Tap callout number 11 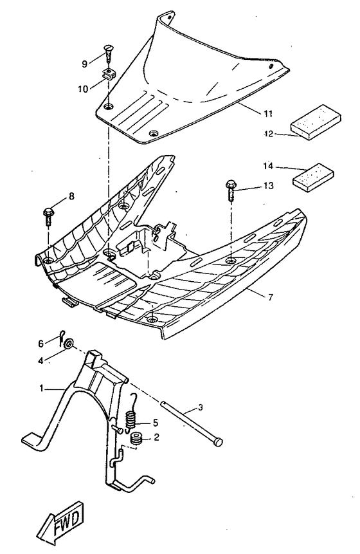coord(249,114)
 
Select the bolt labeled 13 coord(230,191)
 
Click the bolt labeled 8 coord(49,215)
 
